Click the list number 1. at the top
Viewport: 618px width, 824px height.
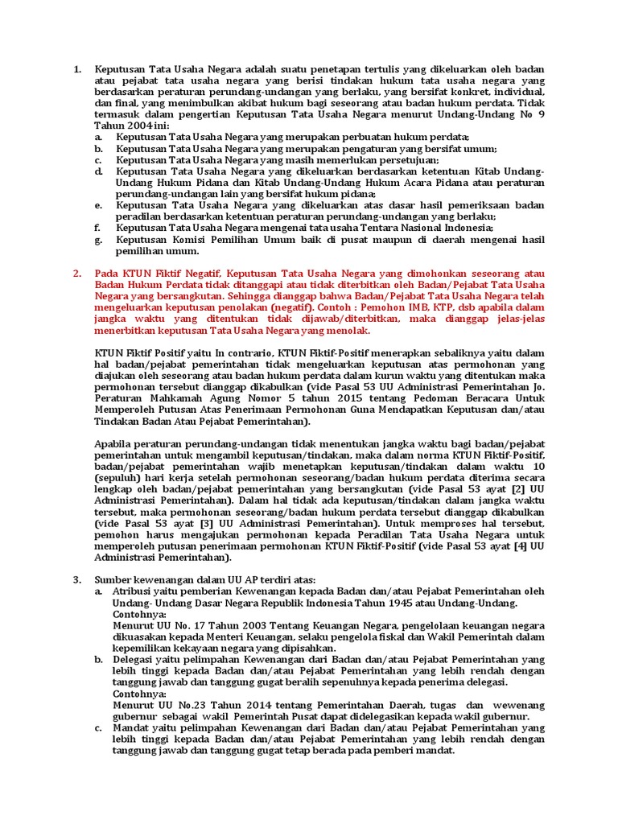pyautogui.click(x=77, y=70)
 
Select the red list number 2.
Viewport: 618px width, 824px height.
pyautogui.click(x=77, y=274)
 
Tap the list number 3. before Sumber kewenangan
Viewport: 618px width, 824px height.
pyautogui.click(x=77, y=579)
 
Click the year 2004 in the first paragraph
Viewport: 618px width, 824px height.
pyautogui.click(x=138, y=126)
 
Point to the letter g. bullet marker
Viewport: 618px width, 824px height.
pyautogui.click(x=98, y=239)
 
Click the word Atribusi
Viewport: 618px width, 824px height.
pyautogui.click(x=138, y=591)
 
